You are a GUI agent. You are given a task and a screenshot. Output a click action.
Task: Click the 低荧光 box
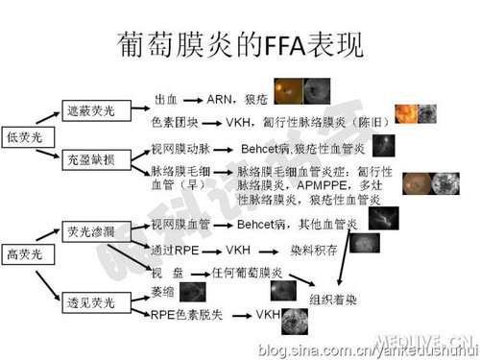[x=21, y=136]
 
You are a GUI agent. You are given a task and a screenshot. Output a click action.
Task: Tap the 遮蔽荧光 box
[x=88, y=111]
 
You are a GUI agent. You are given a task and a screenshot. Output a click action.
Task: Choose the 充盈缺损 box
[x=88, y=158]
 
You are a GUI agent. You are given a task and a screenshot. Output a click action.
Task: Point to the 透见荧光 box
[x=88, y=303]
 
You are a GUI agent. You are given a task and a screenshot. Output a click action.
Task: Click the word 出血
[x=165, y=99]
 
